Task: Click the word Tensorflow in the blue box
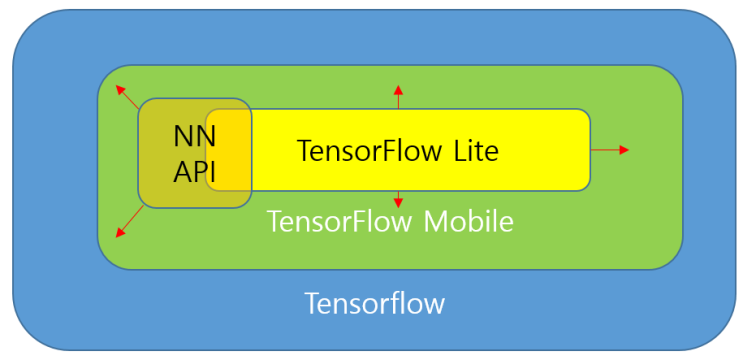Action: (x=375, y=303)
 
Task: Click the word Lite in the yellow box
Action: (x=471, y=151)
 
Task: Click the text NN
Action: (x=194, y=136)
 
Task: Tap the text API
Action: (x=194, y=171)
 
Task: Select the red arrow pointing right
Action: (x=610, y=150)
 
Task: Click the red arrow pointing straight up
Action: (x=398, y=97)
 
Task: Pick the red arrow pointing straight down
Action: (x=398, y=198)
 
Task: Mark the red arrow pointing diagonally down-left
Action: (x=127, y=223)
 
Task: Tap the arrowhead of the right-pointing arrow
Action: (x=625, y=150)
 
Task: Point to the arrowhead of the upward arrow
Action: (x=398, y=89)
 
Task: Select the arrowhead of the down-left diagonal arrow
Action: (x=119, y=234)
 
